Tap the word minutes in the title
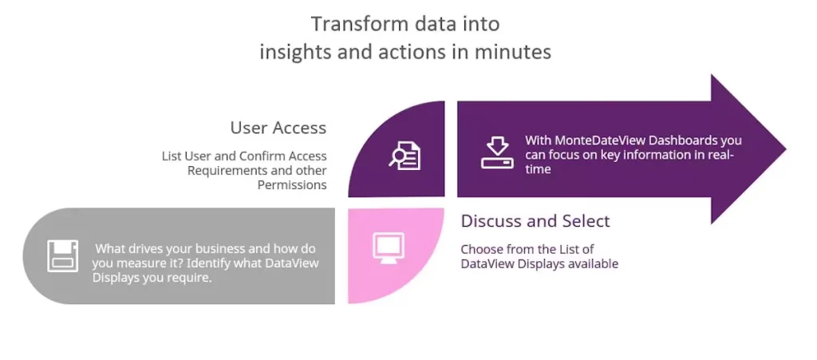(518, 52)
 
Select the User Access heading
(278, 128)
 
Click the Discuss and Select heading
(535, 221)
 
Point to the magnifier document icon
(405, 155)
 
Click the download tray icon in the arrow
(496, 152)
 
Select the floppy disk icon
(63, 255)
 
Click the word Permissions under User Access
(292, 185)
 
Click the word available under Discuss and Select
(594, 263)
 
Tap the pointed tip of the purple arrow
(786, 149)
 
